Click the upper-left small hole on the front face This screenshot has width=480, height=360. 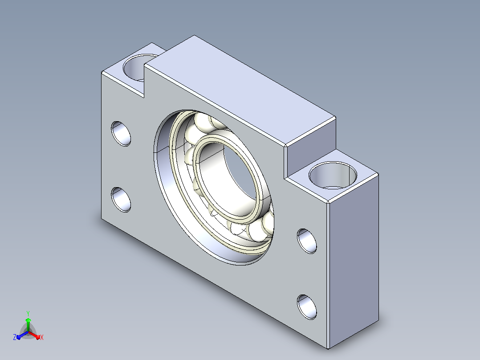121,134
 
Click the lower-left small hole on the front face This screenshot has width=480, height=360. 121,200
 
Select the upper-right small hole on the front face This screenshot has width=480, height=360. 307,241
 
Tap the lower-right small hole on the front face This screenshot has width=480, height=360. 307,307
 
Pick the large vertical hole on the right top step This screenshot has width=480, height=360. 333,176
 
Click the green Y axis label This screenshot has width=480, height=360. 28,313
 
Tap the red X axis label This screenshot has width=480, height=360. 42,337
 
